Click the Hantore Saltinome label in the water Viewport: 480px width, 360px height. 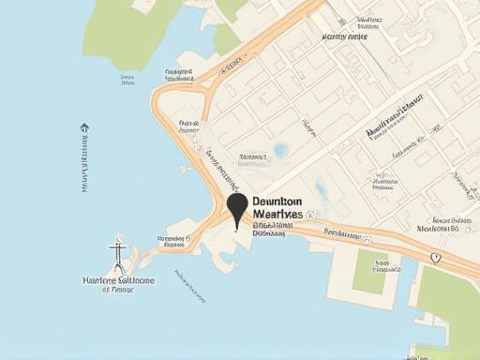pos(118,280)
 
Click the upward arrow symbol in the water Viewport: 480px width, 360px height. pos(84,127)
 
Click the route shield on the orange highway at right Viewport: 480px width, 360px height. pos(435,257)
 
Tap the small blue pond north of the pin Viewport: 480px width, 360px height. pos(280,150)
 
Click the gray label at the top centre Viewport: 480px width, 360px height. pos(345,37)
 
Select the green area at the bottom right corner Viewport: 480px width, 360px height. pos(448,309)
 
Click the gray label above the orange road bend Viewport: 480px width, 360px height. pos(178,72)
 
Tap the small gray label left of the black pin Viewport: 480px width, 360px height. pos(174,240)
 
